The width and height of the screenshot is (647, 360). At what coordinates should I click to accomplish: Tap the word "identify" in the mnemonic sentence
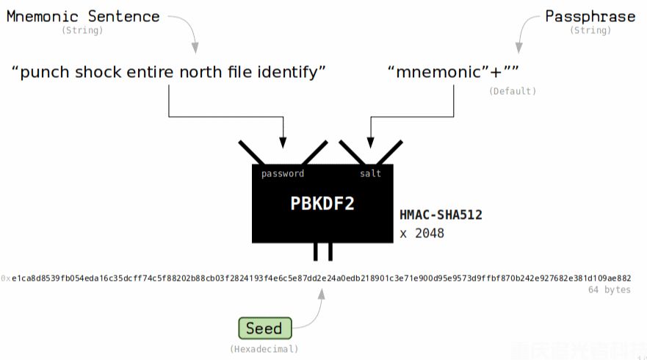289,72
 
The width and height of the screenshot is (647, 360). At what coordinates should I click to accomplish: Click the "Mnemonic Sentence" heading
83,16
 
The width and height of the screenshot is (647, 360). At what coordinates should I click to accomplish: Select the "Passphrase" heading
590,16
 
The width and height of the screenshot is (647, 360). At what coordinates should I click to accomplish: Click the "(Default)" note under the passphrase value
513,91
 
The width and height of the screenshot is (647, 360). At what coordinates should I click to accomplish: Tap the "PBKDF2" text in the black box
322,204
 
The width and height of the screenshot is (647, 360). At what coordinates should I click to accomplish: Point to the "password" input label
283,173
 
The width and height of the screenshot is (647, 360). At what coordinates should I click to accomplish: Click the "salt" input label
370,173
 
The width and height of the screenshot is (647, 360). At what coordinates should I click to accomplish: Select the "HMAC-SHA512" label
441,215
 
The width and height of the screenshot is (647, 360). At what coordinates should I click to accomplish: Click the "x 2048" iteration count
422,234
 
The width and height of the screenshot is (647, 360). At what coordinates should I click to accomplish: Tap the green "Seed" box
264,328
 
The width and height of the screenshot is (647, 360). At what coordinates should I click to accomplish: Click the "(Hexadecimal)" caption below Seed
264,348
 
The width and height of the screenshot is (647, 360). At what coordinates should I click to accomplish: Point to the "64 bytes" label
609,290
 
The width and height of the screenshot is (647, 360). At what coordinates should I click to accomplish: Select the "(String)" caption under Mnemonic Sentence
82,31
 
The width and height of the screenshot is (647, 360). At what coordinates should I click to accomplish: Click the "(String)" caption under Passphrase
590,31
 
